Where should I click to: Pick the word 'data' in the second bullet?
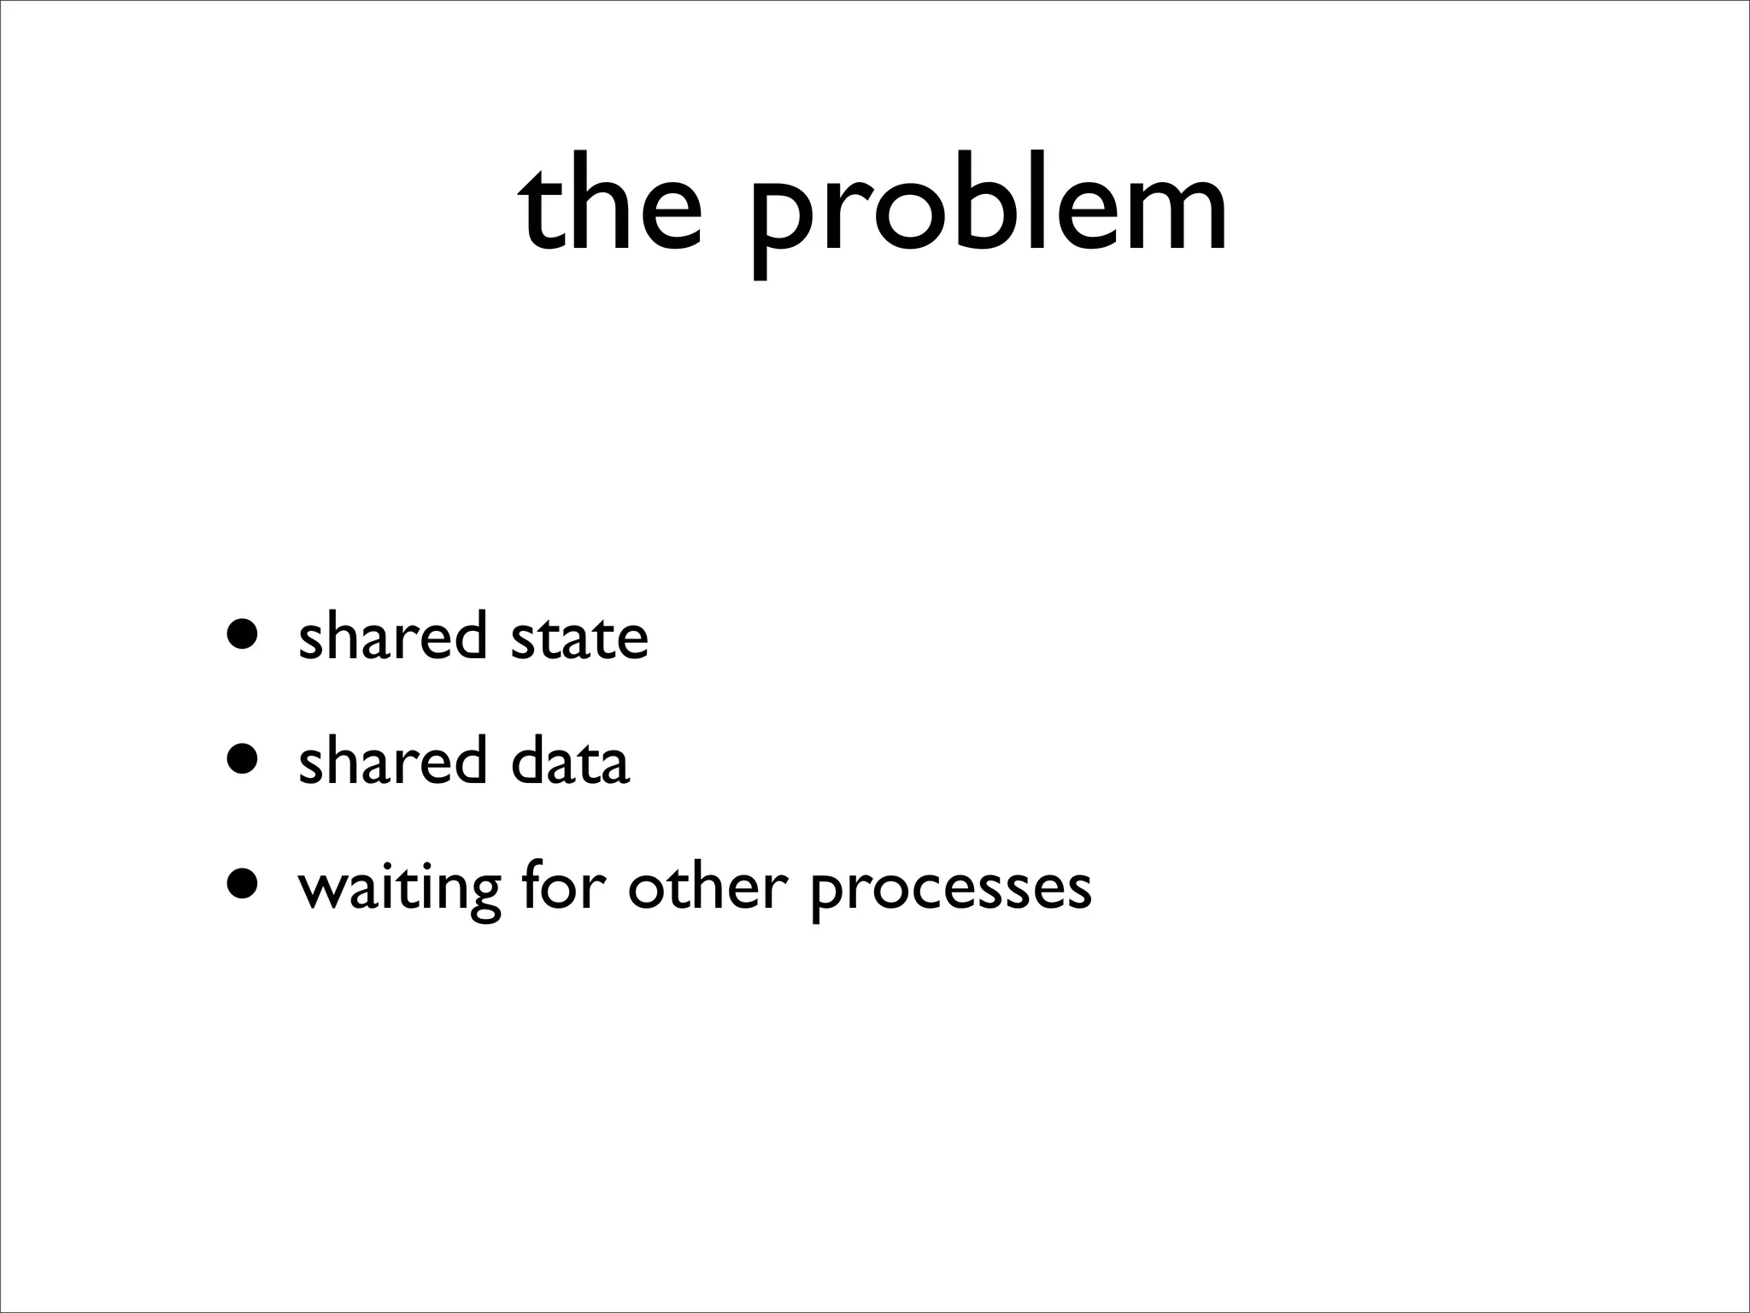click(x=570, y=761)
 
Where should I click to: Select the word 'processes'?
click(x=950, y=891)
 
